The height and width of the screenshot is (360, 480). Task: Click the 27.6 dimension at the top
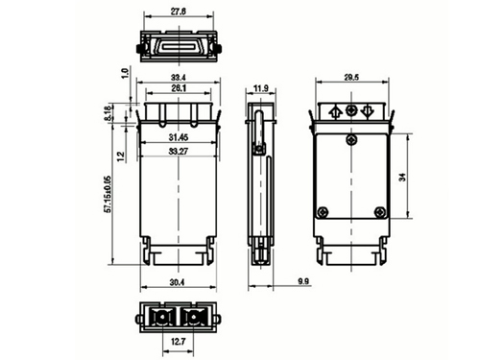tap(178, 11)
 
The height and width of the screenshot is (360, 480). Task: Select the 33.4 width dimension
tap(178, 77)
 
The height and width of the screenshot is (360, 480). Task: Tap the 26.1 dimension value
tap(178, 89)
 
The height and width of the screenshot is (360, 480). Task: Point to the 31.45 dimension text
tap(178, 137)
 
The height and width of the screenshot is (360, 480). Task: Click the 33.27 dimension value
tap(178, 151)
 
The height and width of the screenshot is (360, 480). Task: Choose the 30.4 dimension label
tap(178, 282)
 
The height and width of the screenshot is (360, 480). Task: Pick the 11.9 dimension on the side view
tap(260, 89)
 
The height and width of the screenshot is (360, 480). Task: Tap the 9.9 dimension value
tap(302, 280)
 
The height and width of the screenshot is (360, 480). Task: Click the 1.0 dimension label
tap(124, 73)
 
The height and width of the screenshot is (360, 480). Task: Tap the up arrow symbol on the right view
tap(334, 111)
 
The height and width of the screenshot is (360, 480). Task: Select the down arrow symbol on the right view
tap(368, 111)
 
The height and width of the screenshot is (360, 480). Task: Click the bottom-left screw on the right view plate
tap(324, 212)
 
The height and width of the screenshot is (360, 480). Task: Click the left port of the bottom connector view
tap(162, 316)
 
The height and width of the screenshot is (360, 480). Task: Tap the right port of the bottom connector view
tap(195, 316)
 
